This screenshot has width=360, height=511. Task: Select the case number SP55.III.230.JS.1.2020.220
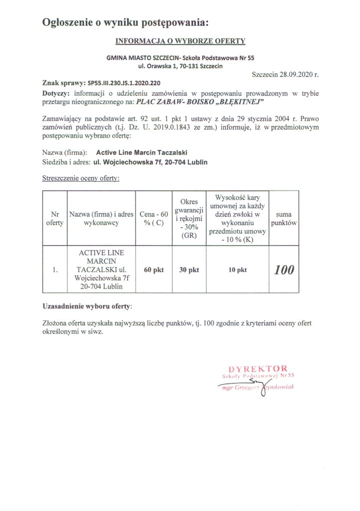[x=124, y=83]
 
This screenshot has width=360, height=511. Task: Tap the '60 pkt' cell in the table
[x=154, y=270]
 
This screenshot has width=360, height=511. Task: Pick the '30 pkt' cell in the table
[x=189, y=270]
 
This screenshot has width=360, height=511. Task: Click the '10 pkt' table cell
[x=238, y=270]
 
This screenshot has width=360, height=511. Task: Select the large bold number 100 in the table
[x=284, y=270]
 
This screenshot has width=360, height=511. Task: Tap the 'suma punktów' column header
[x=284, y=219]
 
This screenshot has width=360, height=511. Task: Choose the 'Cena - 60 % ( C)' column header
[x=154, y=219]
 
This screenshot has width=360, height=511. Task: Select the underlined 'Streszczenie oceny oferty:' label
[x=81, y=178]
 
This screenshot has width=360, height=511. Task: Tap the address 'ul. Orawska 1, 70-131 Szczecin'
[x=180, y=65]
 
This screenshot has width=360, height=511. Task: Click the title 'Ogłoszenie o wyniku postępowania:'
[x=124, y=22]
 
